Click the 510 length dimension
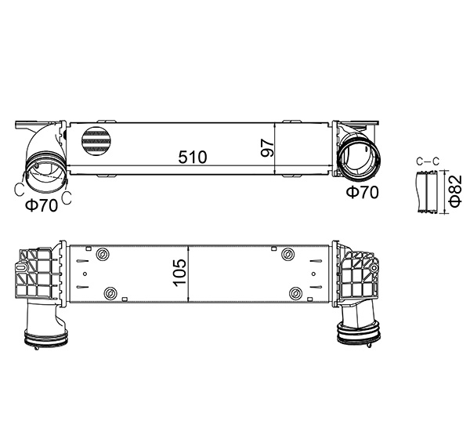coord(192,157)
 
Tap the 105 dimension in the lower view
coord(179,273)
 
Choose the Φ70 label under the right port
coord(362,191)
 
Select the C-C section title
coord(427,161)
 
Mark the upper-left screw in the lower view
coord(102,253)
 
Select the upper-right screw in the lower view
coord(287,254)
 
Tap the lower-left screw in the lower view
coord(110,294)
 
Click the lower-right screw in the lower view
coord(295,294)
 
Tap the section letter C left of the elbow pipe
coord(19,188)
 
